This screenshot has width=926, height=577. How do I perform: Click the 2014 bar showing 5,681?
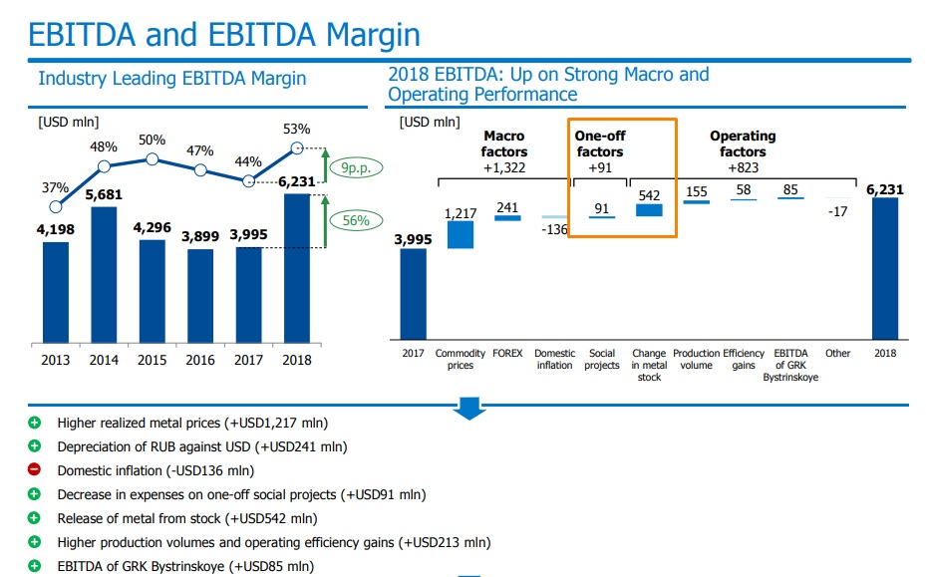(104, 274)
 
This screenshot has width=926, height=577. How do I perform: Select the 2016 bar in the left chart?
(200, 295)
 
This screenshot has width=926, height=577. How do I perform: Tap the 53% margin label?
(296, 129)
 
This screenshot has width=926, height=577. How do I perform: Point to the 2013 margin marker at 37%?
(56, 206)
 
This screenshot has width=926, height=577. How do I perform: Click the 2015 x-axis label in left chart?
(153, 360)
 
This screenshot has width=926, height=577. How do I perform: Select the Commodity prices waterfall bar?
(461, 234)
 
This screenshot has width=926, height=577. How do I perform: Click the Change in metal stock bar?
(649, 210)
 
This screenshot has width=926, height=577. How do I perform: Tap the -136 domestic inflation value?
(555, 230)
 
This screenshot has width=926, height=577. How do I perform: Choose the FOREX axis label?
(508, 354)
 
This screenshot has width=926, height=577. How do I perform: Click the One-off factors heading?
(600, 144)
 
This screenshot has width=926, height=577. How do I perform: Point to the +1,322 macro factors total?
(503, 167)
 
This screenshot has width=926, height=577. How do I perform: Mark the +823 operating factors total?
(743, 167)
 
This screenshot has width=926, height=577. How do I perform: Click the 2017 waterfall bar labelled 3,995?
(413, 294)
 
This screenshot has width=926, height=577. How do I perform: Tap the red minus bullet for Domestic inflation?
(35, 470)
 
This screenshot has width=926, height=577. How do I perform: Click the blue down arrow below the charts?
(468, 405)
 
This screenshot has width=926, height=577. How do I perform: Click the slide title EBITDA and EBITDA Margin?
(224, 35)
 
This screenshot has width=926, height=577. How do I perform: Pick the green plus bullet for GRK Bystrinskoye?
(35, 566)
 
